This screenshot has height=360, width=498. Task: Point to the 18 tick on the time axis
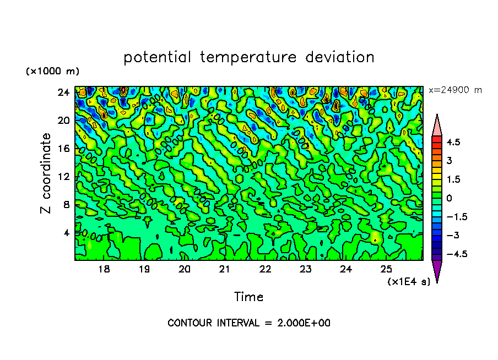coord(104,269)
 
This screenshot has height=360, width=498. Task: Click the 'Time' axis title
coord(248,297)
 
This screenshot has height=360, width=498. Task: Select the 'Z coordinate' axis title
coord(46,173)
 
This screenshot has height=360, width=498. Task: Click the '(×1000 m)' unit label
coord(52,72)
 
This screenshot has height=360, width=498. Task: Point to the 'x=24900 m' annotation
coord(455,90)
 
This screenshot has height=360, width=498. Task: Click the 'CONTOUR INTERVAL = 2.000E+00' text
coord(249,323)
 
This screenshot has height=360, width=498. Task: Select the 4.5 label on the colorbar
coord(453,142)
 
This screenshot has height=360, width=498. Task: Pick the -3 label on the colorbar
coord(453,236)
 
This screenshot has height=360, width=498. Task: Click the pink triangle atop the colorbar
coord(436,124)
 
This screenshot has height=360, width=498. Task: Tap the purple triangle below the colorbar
coord(436,271)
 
